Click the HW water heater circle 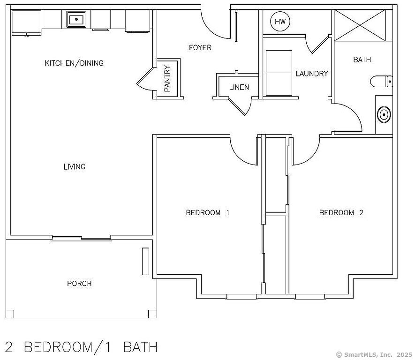280,22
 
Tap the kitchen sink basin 76,19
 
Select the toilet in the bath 381,81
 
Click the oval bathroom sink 384,114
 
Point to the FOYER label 200,48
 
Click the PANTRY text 167,79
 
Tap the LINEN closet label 239,87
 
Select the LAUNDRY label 312,74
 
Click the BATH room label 362,60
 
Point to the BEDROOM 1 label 207,213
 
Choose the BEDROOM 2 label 341,213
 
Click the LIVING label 75,167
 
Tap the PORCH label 79,284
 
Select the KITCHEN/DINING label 74,63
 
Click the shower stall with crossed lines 360,25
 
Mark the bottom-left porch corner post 10,314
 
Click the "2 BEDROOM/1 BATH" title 81,347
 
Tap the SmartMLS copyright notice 374,354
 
